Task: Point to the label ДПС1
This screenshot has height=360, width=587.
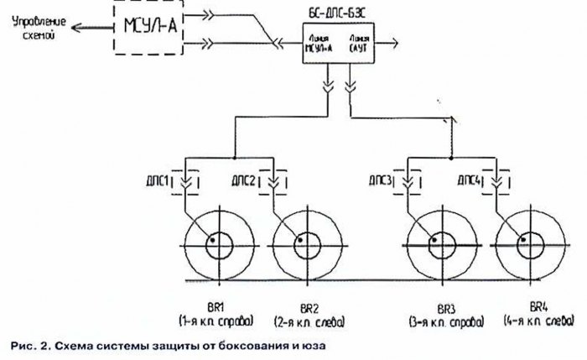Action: coord(160,180)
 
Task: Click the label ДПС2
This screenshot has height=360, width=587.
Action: coord(242,180)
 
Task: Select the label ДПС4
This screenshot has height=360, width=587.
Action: coord(469,180)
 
